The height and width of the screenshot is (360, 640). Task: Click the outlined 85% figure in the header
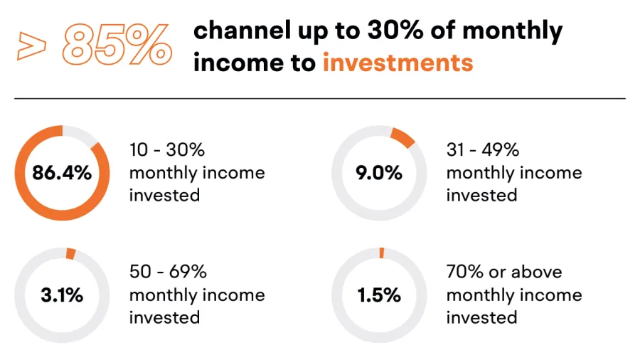coord(117,45)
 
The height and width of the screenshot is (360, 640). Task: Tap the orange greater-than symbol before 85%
coord(31,46)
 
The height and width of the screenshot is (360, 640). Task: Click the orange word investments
coord(398,63)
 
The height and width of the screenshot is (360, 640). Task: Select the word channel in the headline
coord(242,30)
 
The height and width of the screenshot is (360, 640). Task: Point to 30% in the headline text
coord(395,30)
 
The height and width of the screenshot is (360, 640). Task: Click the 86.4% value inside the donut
coord(62,173)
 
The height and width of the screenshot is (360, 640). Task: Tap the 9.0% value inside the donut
coord(379,173)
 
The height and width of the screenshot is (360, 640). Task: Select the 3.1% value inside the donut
coord(62,295)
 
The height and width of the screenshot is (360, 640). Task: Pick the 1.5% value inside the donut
coord(379,295)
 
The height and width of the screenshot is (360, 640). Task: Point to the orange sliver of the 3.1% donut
coord(71,253)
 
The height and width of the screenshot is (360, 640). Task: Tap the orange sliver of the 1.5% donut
coord(382,253)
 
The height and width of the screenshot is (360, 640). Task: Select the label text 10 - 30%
coord(167,150)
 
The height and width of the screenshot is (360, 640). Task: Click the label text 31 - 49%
coord(483,150)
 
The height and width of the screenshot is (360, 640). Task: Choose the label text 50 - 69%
coord(168,272)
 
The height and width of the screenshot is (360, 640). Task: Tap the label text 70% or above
coord(504,272)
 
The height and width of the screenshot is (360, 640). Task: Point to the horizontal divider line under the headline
coord(320,98)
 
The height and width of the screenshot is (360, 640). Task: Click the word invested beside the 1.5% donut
coord(481,317)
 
